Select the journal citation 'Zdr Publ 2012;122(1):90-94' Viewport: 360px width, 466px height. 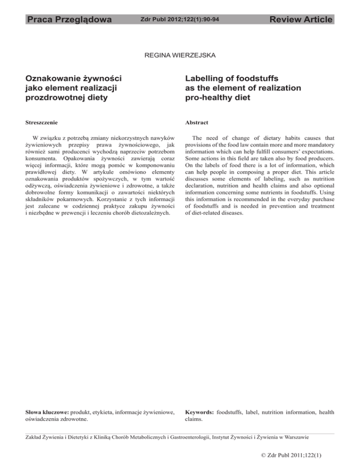tap(180, 20)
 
